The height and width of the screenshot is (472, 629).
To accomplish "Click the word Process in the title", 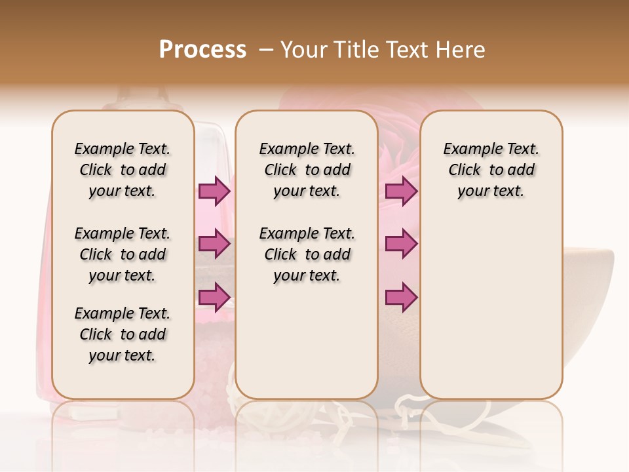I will tap(202, 50).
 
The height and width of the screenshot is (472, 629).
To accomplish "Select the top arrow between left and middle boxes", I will tap(214, 191).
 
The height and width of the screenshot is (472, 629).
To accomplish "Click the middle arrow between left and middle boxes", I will tap(214, 245).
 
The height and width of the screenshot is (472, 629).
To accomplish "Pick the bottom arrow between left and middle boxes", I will tap(214, 298).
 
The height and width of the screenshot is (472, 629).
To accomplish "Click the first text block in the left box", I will tap(123, 170).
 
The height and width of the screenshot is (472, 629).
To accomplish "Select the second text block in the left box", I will tap(123, 254).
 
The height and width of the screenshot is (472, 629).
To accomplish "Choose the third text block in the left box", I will tap(123, 334).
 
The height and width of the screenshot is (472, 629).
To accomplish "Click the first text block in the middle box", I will tap(307, 170).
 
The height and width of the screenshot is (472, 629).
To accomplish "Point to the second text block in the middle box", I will tap(307, 254).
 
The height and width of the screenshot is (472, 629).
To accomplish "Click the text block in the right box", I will tap(491, 170).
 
